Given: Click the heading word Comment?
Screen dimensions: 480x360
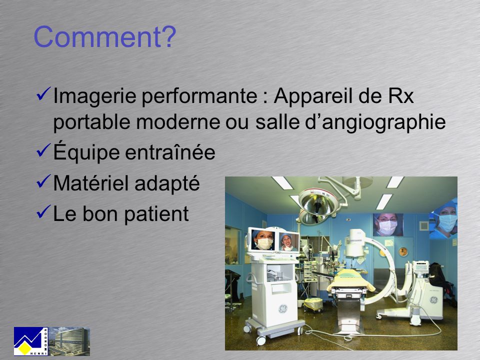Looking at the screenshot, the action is pos(105,36).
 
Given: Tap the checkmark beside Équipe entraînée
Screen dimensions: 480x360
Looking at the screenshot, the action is pos(43,150).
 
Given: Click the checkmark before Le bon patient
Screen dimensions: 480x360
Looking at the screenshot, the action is pos(43,211).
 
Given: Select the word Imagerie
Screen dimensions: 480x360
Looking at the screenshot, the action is pos(94,96).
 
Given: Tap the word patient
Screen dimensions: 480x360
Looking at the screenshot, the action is pos(156,214).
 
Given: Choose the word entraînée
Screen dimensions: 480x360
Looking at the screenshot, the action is pos(170,152).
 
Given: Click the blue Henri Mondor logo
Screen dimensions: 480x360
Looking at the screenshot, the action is pos(31,341).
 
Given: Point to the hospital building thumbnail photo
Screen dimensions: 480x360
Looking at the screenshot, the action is pos(69,341).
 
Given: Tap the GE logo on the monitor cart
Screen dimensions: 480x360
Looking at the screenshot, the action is pos(282,309).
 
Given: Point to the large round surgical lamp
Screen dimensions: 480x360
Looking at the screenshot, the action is pos(318,202).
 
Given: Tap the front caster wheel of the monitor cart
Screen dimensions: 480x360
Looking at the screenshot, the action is pos(261,340).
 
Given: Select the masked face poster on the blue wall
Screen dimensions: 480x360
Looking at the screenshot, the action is pos(388,224).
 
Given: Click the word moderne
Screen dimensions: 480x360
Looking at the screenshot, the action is pos(178,122).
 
